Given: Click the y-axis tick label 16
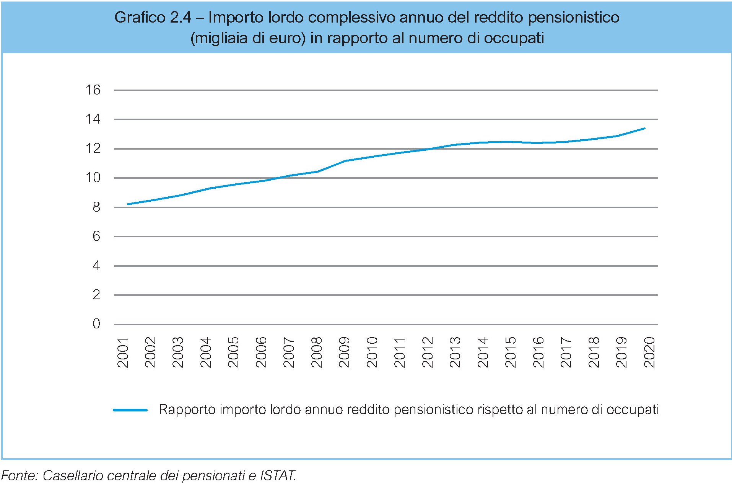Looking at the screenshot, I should [x=93, y=90].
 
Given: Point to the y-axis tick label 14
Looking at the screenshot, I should [x=93, y=119].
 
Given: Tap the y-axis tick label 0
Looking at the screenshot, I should [x=96, y=324].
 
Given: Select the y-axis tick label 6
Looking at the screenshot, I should [x=96, y=236].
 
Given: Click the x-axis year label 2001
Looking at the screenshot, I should [x=123, y=352].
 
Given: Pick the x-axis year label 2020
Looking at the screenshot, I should [x=649, y=352].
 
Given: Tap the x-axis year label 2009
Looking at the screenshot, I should [x=344, y=352].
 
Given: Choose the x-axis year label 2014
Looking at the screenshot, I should [x=483, y=352].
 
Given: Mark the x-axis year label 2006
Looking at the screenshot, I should [x=261, y=352].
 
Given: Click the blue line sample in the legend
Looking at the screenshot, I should [x=130, y=410].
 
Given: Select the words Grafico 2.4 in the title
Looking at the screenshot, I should [x=153, y=17].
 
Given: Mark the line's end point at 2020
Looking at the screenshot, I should [x=645, y=128].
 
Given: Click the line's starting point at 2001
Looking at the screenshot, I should [x=127, y=204].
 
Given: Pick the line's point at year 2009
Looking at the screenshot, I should [x=345, y=161].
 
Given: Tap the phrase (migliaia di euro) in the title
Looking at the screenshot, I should [x=248, y=38].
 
